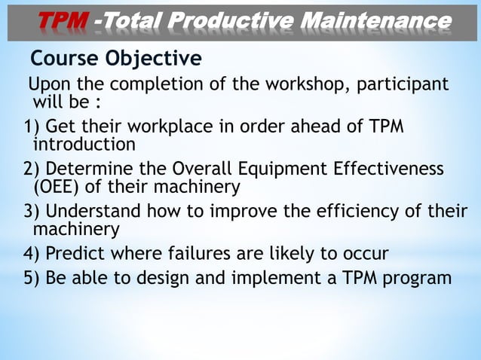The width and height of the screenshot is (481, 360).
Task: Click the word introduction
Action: pos(84,144)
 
